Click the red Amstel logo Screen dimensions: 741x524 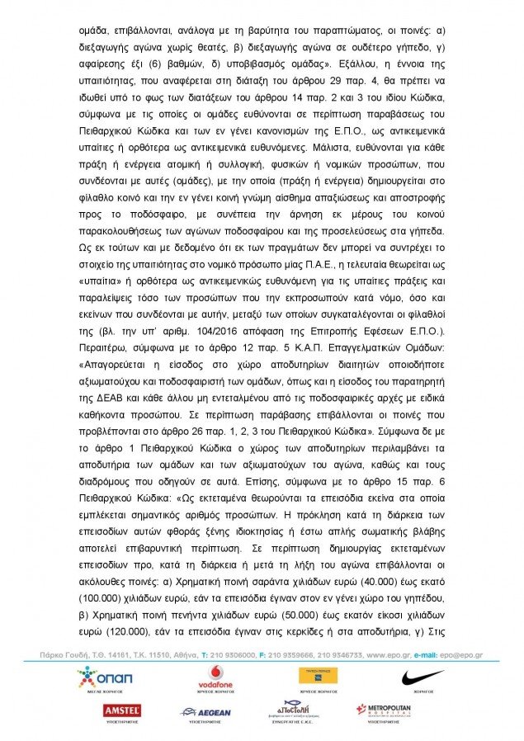121,710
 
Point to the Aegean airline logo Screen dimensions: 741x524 207,711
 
